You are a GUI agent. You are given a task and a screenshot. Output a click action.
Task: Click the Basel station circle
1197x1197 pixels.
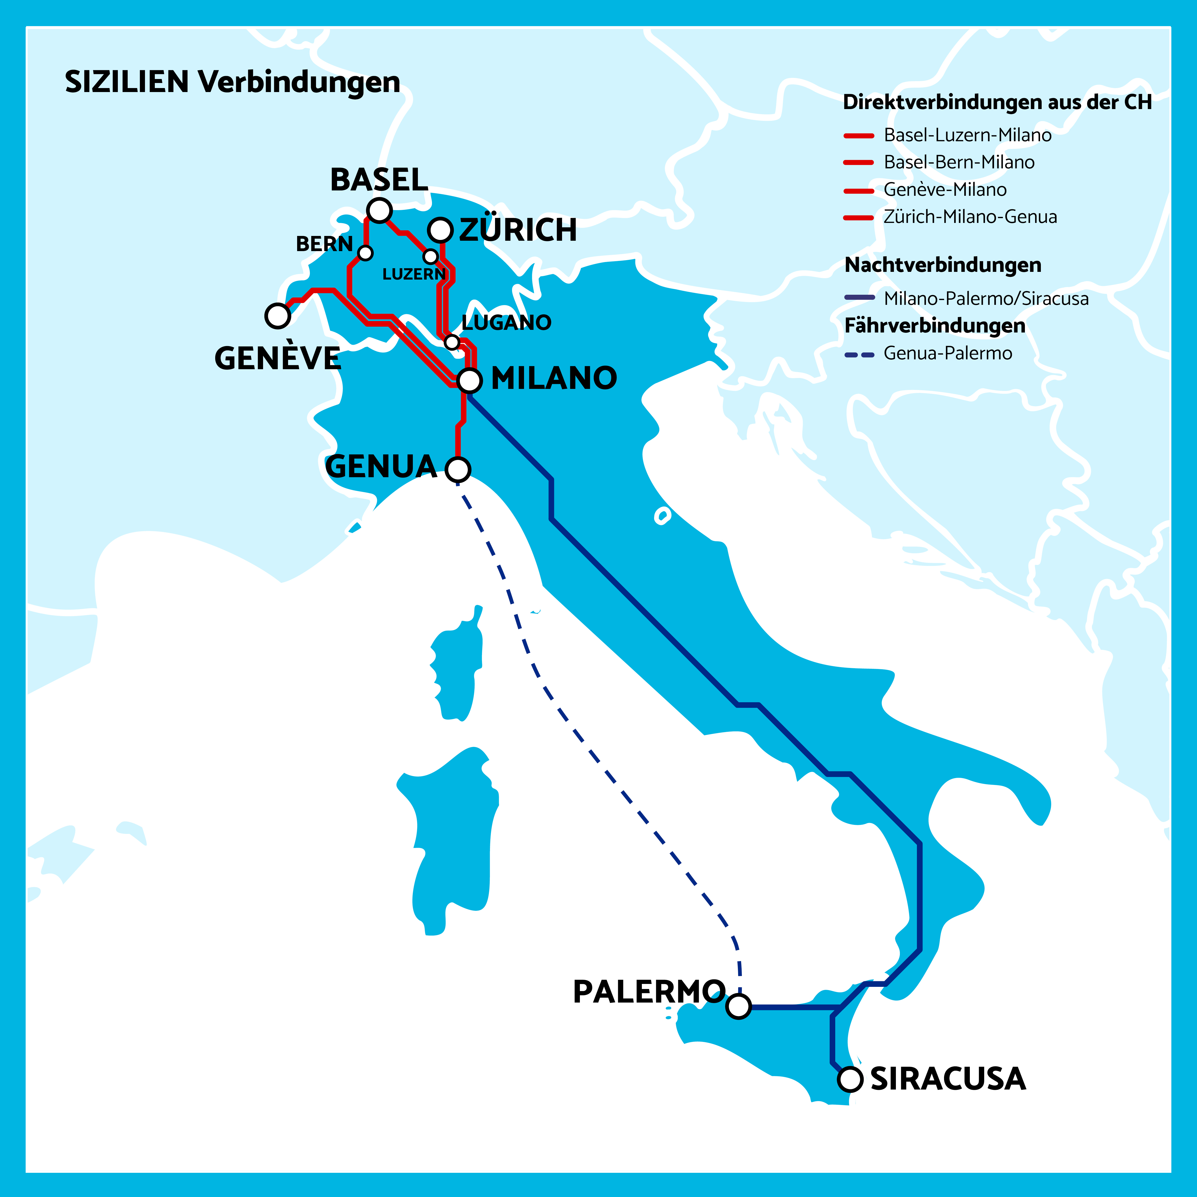pos(379,210)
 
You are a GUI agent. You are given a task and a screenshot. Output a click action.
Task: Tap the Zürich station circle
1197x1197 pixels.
pos(440,230)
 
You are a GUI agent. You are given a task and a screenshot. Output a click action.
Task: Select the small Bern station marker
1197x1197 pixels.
pos(365,253)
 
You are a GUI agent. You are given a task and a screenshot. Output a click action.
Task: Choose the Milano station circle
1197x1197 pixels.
pos(470,380)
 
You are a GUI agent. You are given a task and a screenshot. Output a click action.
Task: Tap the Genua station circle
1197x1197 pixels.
pos(458,469)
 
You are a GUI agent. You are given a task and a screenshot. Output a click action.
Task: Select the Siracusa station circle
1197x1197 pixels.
pos(850,1079)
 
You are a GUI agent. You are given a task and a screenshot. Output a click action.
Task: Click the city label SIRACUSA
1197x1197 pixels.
pos(948,1079)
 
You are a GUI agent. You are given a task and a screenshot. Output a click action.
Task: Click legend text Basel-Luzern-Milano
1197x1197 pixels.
pos(967,135)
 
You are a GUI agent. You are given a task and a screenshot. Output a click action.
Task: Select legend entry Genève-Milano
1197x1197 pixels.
pos(945,190)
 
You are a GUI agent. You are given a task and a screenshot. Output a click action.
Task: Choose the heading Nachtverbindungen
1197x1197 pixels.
pos(942,265)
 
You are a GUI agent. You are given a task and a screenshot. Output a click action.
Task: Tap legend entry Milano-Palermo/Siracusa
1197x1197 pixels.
pos(986,299)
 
